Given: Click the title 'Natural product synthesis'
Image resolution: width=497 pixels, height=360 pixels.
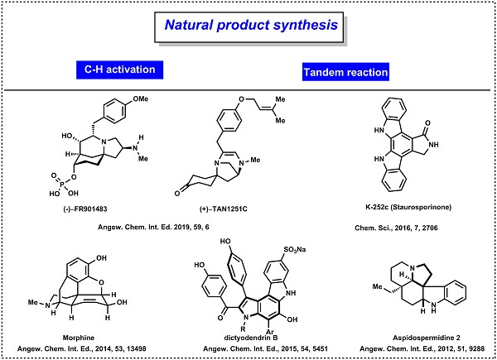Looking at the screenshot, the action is (x=251, y=25).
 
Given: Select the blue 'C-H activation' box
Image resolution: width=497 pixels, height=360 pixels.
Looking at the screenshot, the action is (x=119, y=70).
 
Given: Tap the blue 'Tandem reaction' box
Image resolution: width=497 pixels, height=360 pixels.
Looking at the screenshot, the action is (x=345, y=72).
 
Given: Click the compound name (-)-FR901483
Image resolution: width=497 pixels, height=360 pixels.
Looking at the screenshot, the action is (x=85, y=209).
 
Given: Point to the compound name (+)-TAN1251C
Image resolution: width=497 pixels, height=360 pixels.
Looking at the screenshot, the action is (x=223, y=209).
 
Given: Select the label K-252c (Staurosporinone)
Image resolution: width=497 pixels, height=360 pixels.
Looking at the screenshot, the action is (x=408, y=207).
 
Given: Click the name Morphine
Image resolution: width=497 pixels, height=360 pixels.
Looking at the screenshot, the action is (x=79, y=338).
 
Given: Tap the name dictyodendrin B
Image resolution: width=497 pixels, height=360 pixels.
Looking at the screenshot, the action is (x=251, y=338).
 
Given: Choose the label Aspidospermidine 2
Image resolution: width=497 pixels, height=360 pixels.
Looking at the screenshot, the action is (x=427, y=338).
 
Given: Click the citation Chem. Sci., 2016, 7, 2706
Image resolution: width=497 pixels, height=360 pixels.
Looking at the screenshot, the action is (x=396, y=228).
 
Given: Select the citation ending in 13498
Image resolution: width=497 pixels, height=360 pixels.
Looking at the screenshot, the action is (x=81, y=349).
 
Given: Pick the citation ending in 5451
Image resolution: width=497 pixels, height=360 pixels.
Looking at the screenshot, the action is (x=265, y=349).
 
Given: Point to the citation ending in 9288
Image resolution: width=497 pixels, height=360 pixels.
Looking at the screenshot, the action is (x=422, y=349).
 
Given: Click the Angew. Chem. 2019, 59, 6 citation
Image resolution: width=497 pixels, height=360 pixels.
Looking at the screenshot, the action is (x=153, y=227).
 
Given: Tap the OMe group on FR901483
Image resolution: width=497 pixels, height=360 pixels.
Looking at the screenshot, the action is (x=141, y=98).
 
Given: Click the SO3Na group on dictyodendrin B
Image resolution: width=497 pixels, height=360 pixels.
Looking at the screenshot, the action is (x=294, y=249).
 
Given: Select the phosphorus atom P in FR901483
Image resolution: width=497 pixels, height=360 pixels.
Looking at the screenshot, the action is (x=62, y=184).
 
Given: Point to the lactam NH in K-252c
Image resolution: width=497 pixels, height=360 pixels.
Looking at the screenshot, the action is (x=433, y=144).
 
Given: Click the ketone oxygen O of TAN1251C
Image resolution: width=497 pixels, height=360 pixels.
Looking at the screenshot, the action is (x=177, y=193).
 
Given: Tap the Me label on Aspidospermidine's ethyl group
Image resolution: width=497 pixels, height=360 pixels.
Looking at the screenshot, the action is (x=377, y=286).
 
